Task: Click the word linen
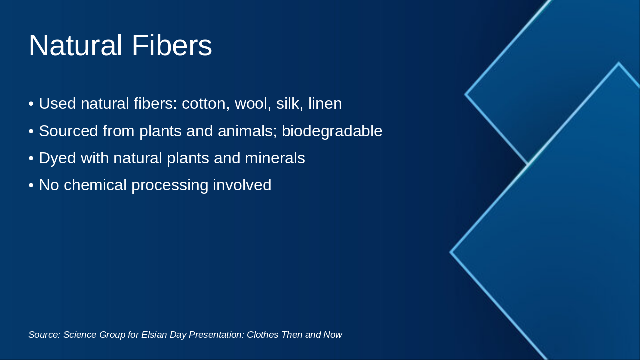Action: (325, 104)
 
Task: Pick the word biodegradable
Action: (332, 131)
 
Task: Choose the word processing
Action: (170, 186)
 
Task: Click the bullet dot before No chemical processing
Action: (31, 186)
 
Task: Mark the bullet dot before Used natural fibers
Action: (31, 104)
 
